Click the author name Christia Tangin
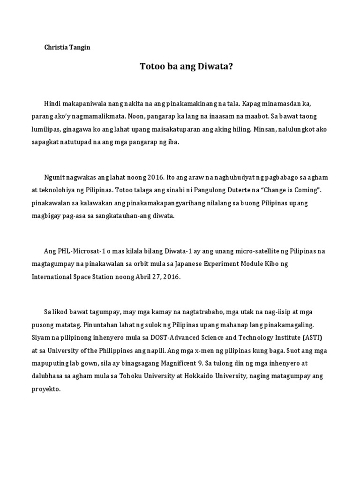point(67,48)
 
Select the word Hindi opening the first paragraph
point(52,103)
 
